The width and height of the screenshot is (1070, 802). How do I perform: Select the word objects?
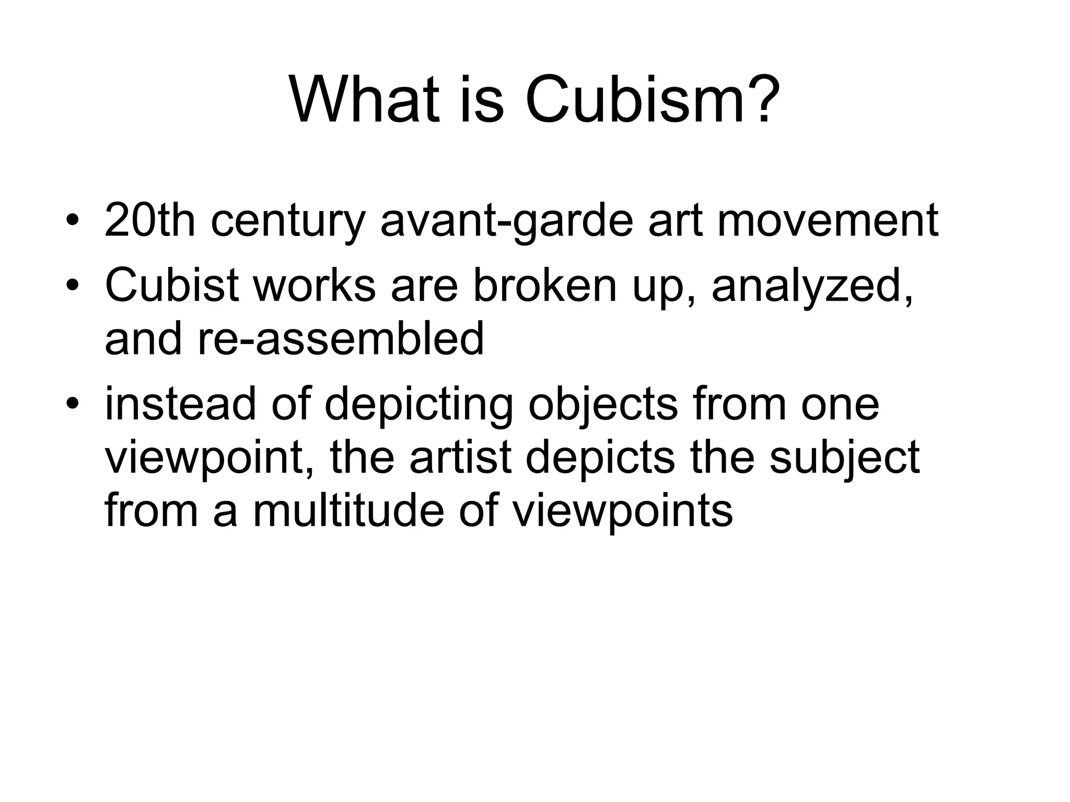(603, 405)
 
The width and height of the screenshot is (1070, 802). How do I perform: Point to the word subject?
(844, 458)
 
